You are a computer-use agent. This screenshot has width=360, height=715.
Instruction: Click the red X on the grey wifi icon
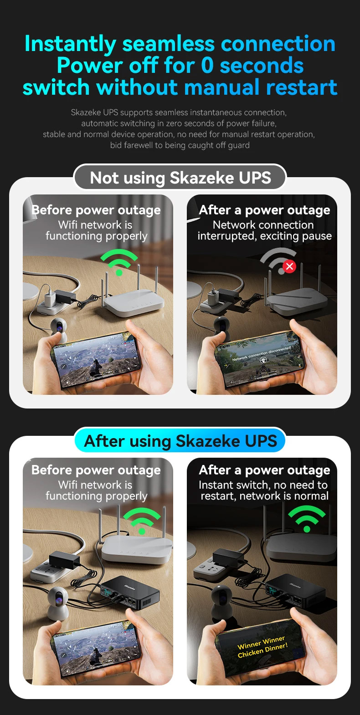point(290,266)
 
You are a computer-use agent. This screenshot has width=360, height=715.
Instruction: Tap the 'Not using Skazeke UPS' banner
point(180,178)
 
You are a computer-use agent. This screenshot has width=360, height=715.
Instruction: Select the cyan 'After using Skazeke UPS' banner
point(180,441)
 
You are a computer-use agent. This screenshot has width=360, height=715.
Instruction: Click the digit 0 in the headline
point(207,66)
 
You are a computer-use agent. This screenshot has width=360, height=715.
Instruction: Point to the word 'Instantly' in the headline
point(70,44)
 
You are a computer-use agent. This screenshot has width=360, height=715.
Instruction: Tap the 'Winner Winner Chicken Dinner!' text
point(262,646)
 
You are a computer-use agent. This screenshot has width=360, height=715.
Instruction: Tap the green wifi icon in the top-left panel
point(119,262)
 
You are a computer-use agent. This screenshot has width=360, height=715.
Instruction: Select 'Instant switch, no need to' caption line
point(263,485)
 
